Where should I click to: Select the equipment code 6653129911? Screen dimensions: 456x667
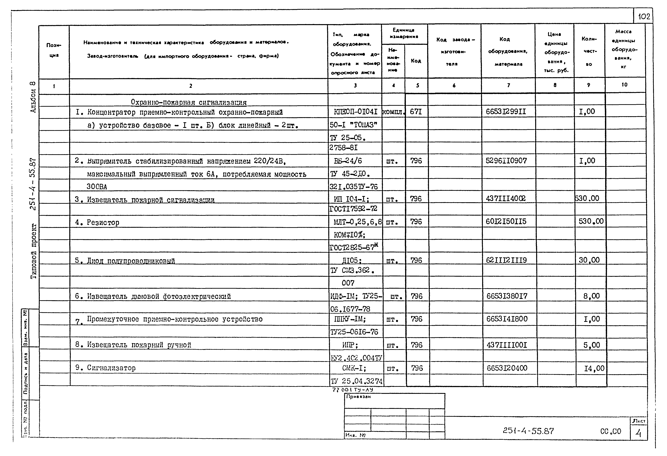point(506,111)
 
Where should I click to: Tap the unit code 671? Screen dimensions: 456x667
point(416,111)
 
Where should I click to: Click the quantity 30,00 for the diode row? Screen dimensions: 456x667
point(589,260)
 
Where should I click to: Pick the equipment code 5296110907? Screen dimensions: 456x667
point(506,161)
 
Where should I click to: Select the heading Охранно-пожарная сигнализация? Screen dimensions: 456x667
point(189,102)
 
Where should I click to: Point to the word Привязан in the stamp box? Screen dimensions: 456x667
point(358,397)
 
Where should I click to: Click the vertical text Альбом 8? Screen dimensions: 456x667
point(33,97)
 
